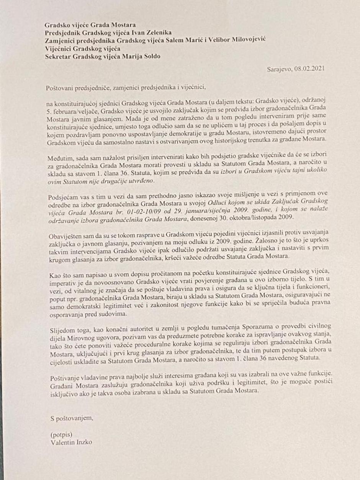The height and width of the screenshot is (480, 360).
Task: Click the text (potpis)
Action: click(x=61, y=435)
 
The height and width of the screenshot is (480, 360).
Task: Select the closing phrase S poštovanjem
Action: click(x=72, y=418)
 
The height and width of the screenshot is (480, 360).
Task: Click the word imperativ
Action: click(x=64, y=281)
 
